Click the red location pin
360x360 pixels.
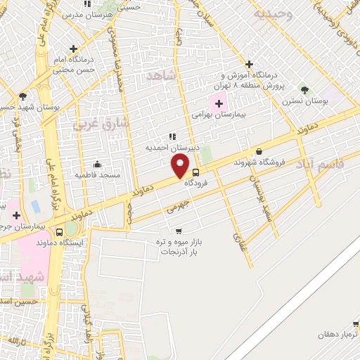180,165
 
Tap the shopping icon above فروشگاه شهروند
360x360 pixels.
259,151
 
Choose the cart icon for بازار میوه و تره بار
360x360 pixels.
179,231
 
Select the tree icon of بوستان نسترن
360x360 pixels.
304,90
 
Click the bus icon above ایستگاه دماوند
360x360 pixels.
58,231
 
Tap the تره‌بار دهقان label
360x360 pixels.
337,335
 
